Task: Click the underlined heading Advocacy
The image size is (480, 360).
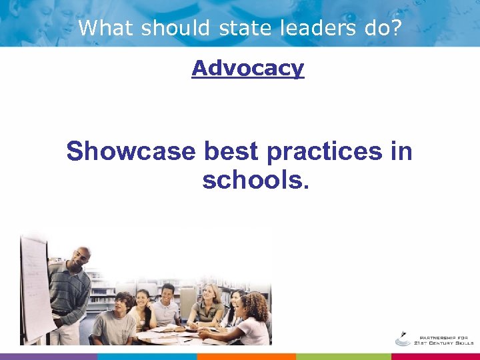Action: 247,68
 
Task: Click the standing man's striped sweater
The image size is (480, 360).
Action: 70,290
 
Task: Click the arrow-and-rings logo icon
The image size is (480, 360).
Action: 403,338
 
